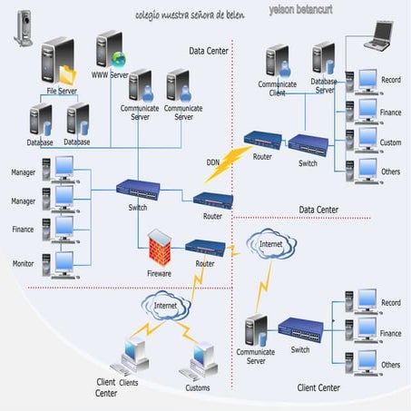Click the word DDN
click(212, 162)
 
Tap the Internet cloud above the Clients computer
click(166, 307)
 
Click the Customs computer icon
click(198, 359)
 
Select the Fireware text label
click(160, 272)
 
